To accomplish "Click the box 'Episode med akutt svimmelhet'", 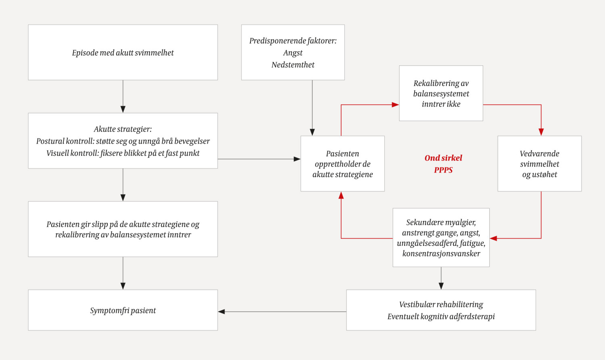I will click(x=123, y=52).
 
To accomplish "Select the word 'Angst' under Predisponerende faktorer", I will click(x=293, y=53).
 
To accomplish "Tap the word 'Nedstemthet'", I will click(x=293, y=65).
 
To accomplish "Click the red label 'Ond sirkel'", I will click(x=443, y=158).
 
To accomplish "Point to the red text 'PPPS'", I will click(x=443, y=170).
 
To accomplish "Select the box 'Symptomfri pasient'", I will click(x=123, y=310).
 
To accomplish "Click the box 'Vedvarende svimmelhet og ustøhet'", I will click(x=539, y=163).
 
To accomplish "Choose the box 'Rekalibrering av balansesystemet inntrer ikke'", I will click(x=441, y=93).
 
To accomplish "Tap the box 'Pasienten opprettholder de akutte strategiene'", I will click(x=342, y=163).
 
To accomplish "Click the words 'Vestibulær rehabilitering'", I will click(x=441, y=304).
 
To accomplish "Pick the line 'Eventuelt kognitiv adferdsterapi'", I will click(x=441, y=316).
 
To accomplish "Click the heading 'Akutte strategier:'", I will click(x=123, y=129).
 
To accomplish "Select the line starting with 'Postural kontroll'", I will click(x=123, y=141).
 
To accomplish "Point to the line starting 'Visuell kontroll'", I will click(x=123, y=153).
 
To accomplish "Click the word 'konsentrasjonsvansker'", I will click(x=441, y=253).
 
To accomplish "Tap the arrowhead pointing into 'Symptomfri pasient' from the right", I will click(x=221, y=312).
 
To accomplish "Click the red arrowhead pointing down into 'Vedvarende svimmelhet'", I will click(x=541, y=132).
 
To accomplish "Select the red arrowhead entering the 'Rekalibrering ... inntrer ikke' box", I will click(x=395, y=105).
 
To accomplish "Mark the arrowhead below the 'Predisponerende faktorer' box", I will click(x=312, y=132).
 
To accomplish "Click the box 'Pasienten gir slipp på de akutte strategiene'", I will click(x=123, y=229).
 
